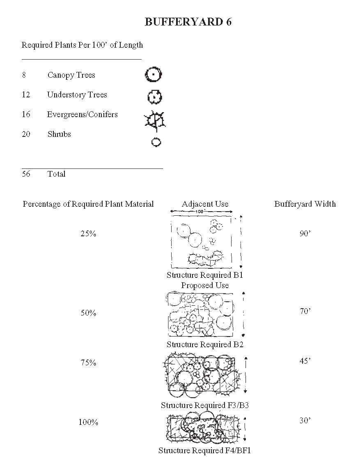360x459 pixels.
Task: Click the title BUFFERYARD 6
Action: coord(188,22)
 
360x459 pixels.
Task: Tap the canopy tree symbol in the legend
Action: coord(154,75)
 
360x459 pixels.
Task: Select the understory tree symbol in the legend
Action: coord(155,97)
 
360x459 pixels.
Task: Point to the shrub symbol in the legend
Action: coord(156,143)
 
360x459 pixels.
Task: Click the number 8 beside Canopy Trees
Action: coord(24,75)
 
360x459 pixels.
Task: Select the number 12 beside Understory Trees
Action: coord(26,95)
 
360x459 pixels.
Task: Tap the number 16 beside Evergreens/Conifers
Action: coord(26,115)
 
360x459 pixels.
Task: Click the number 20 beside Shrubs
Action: coord(26,134)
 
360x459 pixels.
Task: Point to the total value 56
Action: coord(26,174)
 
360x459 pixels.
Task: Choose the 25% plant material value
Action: coord(88,234)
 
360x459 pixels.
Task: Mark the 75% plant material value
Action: coord(88,363)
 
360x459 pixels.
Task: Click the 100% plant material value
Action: coord(88,422)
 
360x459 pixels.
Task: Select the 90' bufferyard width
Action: coord(305,234)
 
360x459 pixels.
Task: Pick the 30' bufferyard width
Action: coord(305,421)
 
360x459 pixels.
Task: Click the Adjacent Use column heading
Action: coord(205,204)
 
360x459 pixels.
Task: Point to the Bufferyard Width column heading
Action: coord(305,204)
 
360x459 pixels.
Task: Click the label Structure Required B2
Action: coord(205,345)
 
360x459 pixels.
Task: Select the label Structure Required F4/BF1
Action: coord(204,451)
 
